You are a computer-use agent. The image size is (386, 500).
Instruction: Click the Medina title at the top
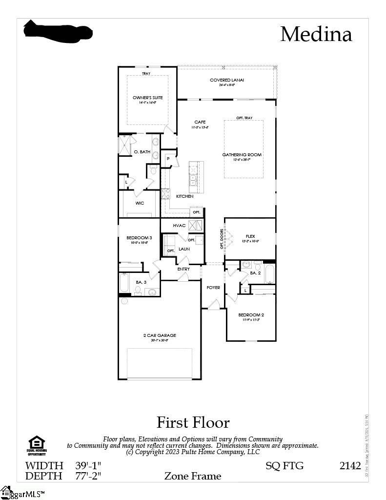point(316,34)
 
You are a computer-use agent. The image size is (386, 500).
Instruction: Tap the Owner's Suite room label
point(147,98)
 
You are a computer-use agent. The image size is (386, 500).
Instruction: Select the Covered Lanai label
point(226,80)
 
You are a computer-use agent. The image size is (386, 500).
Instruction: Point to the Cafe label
point(200,122)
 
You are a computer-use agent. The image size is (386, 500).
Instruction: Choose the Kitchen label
point(184,196)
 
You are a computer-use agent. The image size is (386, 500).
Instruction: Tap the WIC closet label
point(140,203)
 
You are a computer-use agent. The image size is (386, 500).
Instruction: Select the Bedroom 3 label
point(139,238)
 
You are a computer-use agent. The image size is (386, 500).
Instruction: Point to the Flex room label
point(250,236)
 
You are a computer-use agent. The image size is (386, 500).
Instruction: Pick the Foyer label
point(213,288)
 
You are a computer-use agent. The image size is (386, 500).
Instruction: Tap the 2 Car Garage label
point(160,335)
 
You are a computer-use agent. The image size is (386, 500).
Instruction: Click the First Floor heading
point(193,422)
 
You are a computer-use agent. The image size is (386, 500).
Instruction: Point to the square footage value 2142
point(350,465)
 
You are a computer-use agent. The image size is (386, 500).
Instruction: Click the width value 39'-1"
point(88,465)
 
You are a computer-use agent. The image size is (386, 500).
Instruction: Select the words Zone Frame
point(192,476)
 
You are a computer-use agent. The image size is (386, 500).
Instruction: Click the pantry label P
point(167,158)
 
